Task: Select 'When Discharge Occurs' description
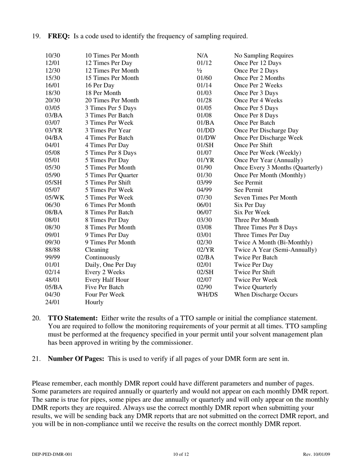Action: [x=266, y=294]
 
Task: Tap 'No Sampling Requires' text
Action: [x=264, y=56]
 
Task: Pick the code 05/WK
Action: [x=55, y=197]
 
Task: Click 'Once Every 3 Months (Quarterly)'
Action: [x=278, y=167]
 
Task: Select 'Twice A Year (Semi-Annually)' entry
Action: [x=275, y=250]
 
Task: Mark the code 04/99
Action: [x=204, y=190]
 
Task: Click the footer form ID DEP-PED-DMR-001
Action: [x=52, y=454]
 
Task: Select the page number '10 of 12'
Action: [x=181, y=454]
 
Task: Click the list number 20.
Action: [x=36, y=318]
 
